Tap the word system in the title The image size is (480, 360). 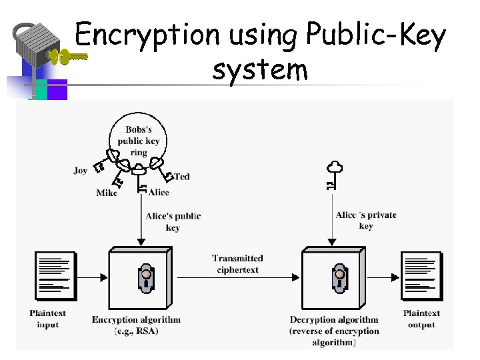(260, 69)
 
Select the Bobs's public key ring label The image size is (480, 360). (139, 141)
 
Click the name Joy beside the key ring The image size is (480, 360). (81, 171)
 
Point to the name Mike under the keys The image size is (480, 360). (106, 193)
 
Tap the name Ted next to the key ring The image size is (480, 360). (182, 177)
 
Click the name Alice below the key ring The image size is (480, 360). (159, 193)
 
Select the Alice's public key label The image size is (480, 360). (173, 221)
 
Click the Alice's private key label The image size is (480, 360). (366, 220)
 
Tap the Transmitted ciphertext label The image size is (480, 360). (237, 263)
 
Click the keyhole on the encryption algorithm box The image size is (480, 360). (146, 278)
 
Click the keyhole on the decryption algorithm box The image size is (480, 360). (339, 278)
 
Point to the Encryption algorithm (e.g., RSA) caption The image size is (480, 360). (136, 325)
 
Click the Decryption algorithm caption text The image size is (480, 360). (334, 331)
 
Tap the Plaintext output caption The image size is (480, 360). (421, 319)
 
